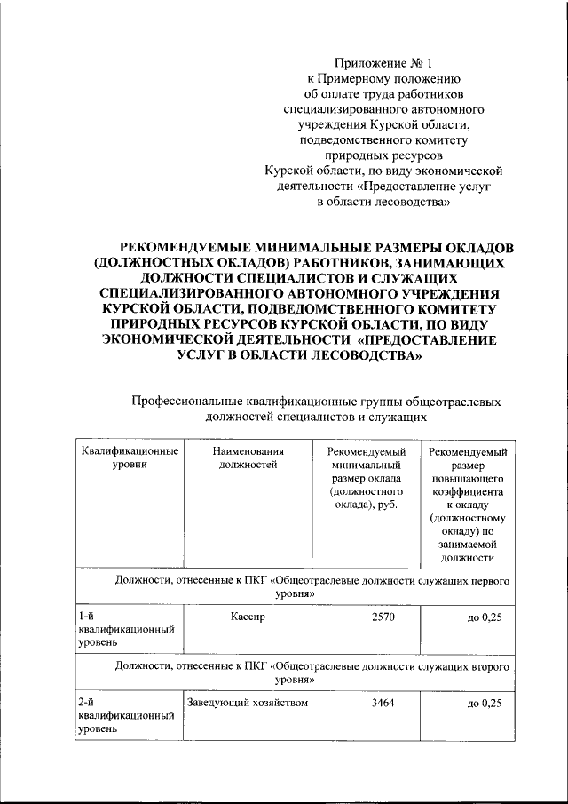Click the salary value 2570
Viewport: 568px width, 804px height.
click(x=367, y=616)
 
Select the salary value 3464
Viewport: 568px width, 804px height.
click(x=367, y=703)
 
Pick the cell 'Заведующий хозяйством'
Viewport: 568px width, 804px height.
click(x=247, y=703)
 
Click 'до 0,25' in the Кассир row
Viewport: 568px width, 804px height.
click(x=484, y=616)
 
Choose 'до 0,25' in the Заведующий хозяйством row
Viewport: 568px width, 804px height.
click(x=484, y=703)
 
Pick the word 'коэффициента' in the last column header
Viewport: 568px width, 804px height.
click(x=469, y=490)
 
